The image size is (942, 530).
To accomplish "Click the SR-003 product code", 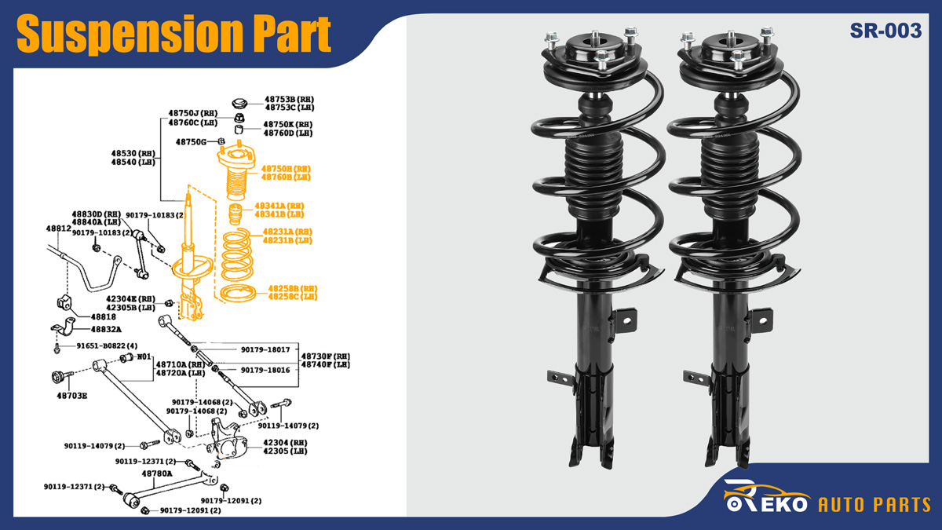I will [x=885, y=31].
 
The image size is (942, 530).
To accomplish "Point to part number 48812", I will [x=58, y=228].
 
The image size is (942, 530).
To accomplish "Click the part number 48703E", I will [x=71, y=395].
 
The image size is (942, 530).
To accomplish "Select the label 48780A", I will [x=157, y=473].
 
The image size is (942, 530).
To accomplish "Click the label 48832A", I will [x=106, y=330].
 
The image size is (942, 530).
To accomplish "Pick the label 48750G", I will [x=191, y=142].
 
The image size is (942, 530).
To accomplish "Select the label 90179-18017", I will [x=265, y=349].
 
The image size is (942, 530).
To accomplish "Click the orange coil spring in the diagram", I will [x=239, y=255].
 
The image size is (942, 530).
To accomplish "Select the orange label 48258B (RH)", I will [x=293, y=288].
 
